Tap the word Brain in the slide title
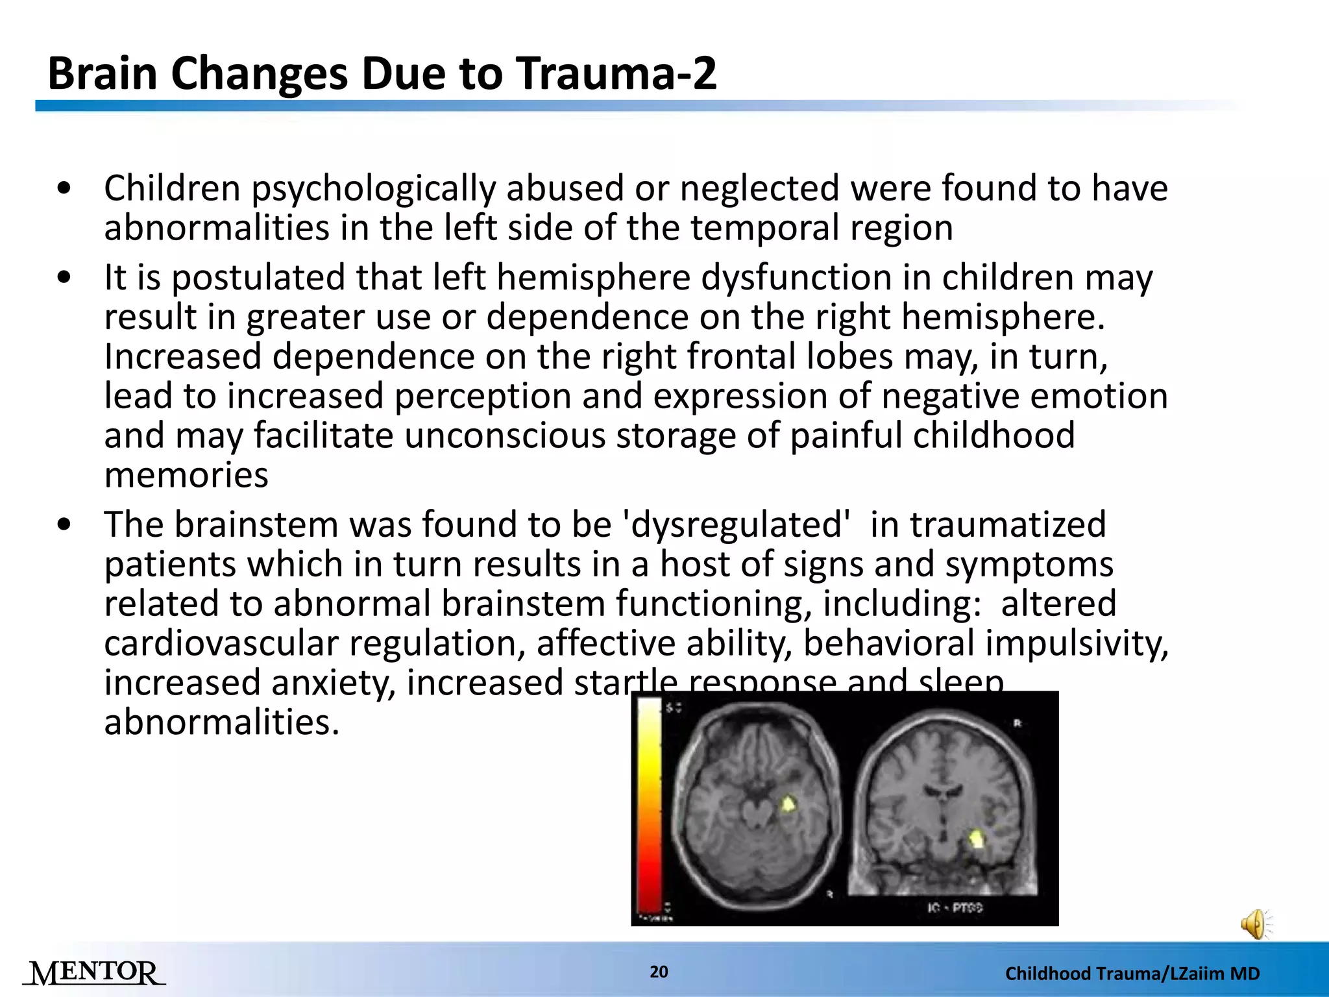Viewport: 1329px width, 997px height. click(x=103, y=73)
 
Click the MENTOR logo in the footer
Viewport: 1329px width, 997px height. click(x=95, y=972)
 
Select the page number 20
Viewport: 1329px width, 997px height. click(x=659, y=972)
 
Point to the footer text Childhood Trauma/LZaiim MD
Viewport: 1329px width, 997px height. click(x=1132, y=973)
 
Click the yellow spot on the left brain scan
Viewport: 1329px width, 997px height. click(x=788, y=805)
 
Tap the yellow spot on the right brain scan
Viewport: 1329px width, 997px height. click(x=977, y=839)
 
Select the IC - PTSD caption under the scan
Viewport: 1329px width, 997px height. click(x=955, y=907)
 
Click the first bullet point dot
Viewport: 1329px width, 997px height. click(x=64, y=189)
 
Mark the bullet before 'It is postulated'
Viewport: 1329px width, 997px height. click(x=64, y=278)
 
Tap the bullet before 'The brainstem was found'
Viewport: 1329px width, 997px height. click(x=64, y=525)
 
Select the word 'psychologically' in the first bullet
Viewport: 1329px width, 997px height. click(x=372, y=189)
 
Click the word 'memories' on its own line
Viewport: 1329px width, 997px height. click(x=186, y=475)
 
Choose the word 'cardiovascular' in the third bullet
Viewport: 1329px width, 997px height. click(x=221, y=644)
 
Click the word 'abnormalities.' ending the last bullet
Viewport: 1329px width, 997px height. click(x=222, y=722)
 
